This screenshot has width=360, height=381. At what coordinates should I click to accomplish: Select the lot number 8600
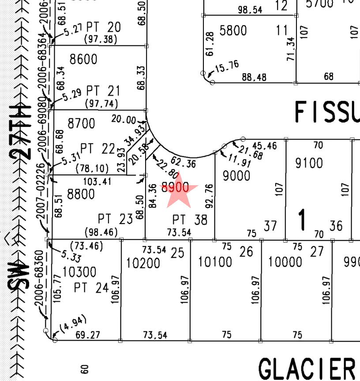(x=83, y=59)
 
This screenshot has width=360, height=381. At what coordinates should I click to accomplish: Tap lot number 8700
(x=81, y=123)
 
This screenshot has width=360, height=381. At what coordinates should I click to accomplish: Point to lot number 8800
(x=81, y=194)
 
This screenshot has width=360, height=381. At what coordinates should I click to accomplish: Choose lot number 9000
(x=236, y=176)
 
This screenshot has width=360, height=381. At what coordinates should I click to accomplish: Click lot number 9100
(x=309, y=163)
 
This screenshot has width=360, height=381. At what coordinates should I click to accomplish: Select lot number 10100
(x=215, y=262)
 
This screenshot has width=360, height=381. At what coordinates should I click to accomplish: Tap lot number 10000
(x=285, y=262)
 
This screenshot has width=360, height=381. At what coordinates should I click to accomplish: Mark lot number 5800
(x=233, y=31)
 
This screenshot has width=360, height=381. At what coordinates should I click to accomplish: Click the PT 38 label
(x=190, y=219)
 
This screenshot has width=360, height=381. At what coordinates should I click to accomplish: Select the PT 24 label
(x=91, y=288)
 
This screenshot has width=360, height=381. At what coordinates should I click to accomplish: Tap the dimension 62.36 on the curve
(x=183, y=164)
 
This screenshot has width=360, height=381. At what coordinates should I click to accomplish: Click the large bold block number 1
(x=302, y=220)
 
